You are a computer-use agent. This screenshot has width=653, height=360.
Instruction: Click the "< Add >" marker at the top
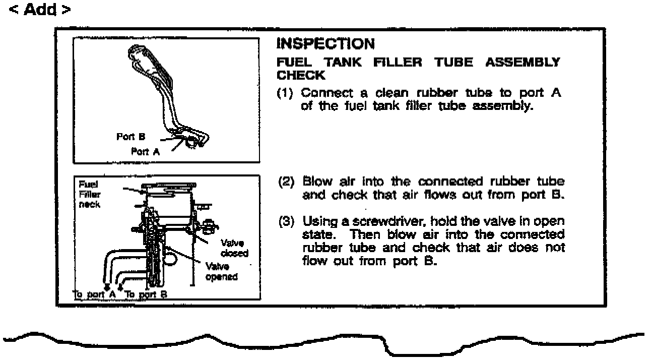click(x=40, y=10)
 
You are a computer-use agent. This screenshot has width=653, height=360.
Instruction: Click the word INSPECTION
click(x=325, y=44)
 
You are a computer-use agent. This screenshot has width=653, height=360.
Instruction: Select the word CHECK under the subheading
click(x=301, y=75)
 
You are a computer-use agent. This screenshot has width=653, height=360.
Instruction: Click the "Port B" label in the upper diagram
click(x=131, y=137)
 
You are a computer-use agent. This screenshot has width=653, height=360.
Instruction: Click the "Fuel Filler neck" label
click(x=89, y=195)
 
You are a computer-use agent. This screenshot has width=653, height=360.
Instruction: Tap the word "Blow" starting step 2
click(x=315, y=182)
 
